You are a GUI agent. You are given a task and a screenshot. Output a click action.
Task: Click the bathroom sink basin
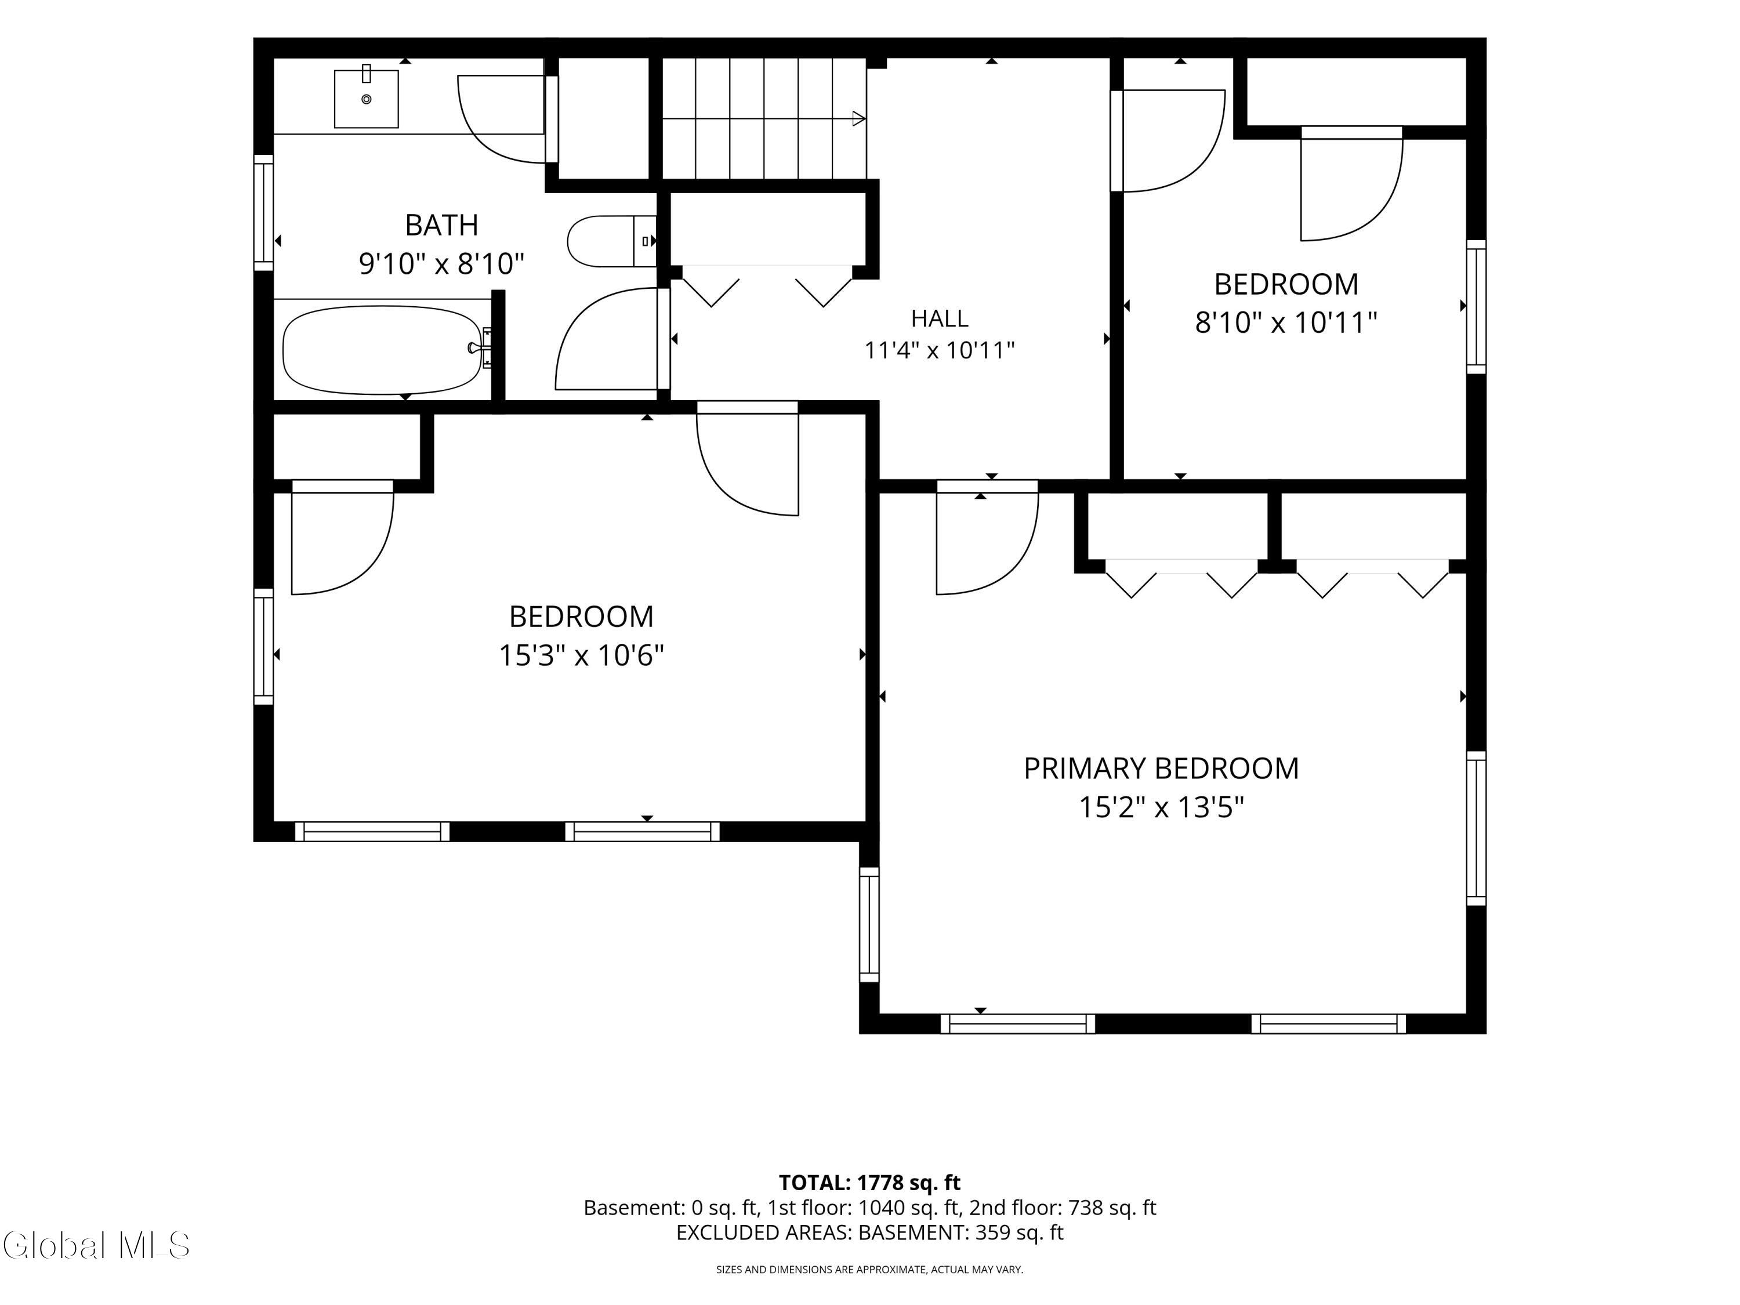[366, 99]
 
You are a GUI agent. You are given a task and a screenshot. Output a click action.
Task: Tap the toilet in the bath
[611, 241]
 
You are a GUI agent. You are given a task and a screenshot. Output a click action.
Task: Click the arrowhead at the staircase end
[859, 119]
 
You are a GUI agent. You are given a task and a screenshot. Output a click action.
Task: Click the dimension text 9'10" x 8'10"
[441, 263]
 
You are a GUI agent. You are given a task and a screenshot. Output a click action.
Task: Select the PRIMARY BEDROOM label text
[1161, 768]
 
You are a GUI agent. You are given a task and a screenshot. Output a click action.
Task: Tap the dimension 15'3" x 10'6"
[581, 654]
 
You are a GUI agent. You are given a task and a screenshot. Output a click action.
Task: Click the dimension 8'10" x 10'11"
[1286, 322]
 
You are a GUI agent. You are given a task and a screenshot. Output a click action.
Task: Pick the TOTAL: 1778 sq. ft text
[869, 1182]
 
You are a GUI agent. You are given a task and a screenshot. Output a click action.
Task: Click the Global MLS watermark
[96, 1245]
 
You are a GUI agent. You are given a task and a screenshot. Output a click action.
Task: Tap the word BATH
[441, 225]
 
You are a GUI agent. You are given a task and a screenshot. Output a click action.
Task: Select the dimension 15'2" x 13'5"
[1161, 807]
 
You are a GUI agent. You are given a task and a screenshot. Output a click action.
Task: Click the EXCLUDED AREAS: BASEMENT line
[869, 1232]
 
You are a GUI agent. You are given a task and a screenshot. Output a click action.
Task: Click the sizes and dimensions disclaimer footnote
[869, 1269]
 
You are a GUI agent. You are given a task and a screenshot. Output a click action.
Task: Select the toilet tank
[645, 241]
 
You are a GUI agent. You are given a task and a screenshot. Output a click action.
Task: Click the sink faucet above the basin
[367, 73]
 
